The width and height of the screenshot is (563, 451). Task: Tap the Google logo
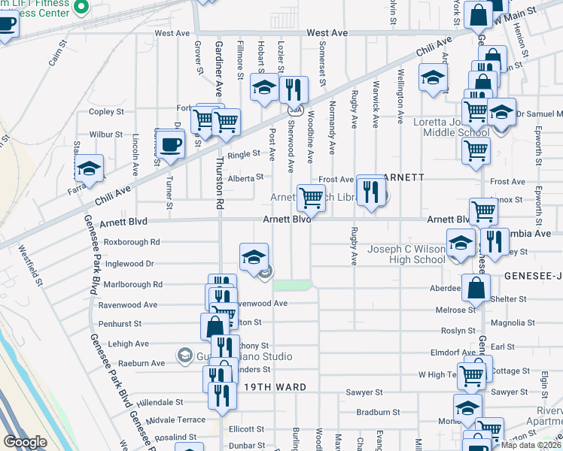coord(25,442)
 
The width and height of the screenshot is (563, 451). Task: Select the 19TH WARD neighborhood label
coord(275,386)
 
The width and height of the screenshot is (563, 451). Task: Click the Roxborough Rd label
coord(132,242)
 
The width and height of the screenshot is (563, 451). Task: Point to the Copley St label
coord(106,112)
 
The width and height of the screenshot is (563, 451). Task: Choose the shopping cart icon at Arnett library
coord(311,198)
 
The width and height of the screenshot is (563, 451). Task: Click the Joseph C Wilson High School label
coord(406,255)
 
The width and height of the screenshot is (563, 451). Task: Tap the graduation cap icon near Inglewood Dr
coord(254,257)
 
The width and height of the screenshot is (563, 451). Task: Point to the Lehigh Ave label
coord(129,344)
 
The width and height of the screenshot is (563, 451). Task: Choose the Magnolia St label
coord(512,322)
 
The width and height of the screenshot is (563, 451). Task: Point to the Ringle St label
coord(243,155)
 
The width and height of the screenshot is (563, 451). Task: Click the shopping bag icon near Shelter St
coord(476,287)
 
